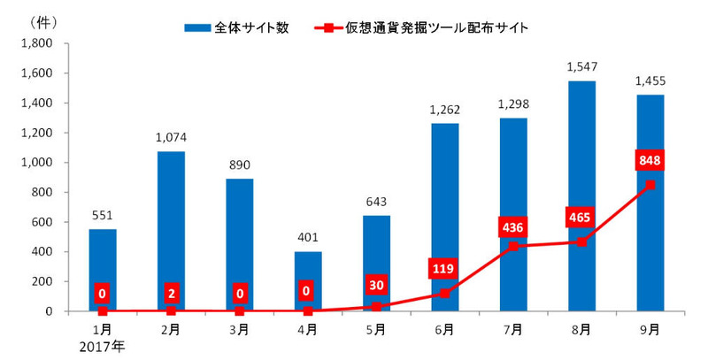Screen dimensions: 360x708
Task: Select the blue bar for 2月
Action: (x=171, y=231)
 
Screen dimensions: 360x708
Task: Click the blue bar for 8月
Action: (x=581, y=195)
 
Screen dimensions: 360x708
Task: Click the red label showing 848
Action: (x=650, y=161)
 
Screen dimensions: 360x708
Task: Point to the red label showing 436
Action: (x=513, y=226)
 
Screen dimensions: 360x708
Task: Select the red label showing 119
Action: (x=444, y=266)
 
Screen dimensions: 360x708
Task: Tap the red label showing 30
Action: (x=376, y=285)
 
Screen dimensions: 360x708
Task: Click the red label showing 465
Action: (x=581, y=216)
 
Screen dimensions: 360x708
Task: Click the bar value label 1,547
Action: (x=581, y=66)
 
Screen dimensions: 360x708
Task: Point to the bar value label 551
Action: (x=103, y=215)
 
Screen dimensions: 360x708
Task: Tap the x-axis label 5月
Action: (x=376, y=330)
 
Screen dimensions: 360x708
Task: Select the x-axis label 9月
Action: (x=650, y=330)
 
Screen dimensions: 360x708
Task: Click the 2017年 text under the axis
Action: (x=103, y=346)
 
